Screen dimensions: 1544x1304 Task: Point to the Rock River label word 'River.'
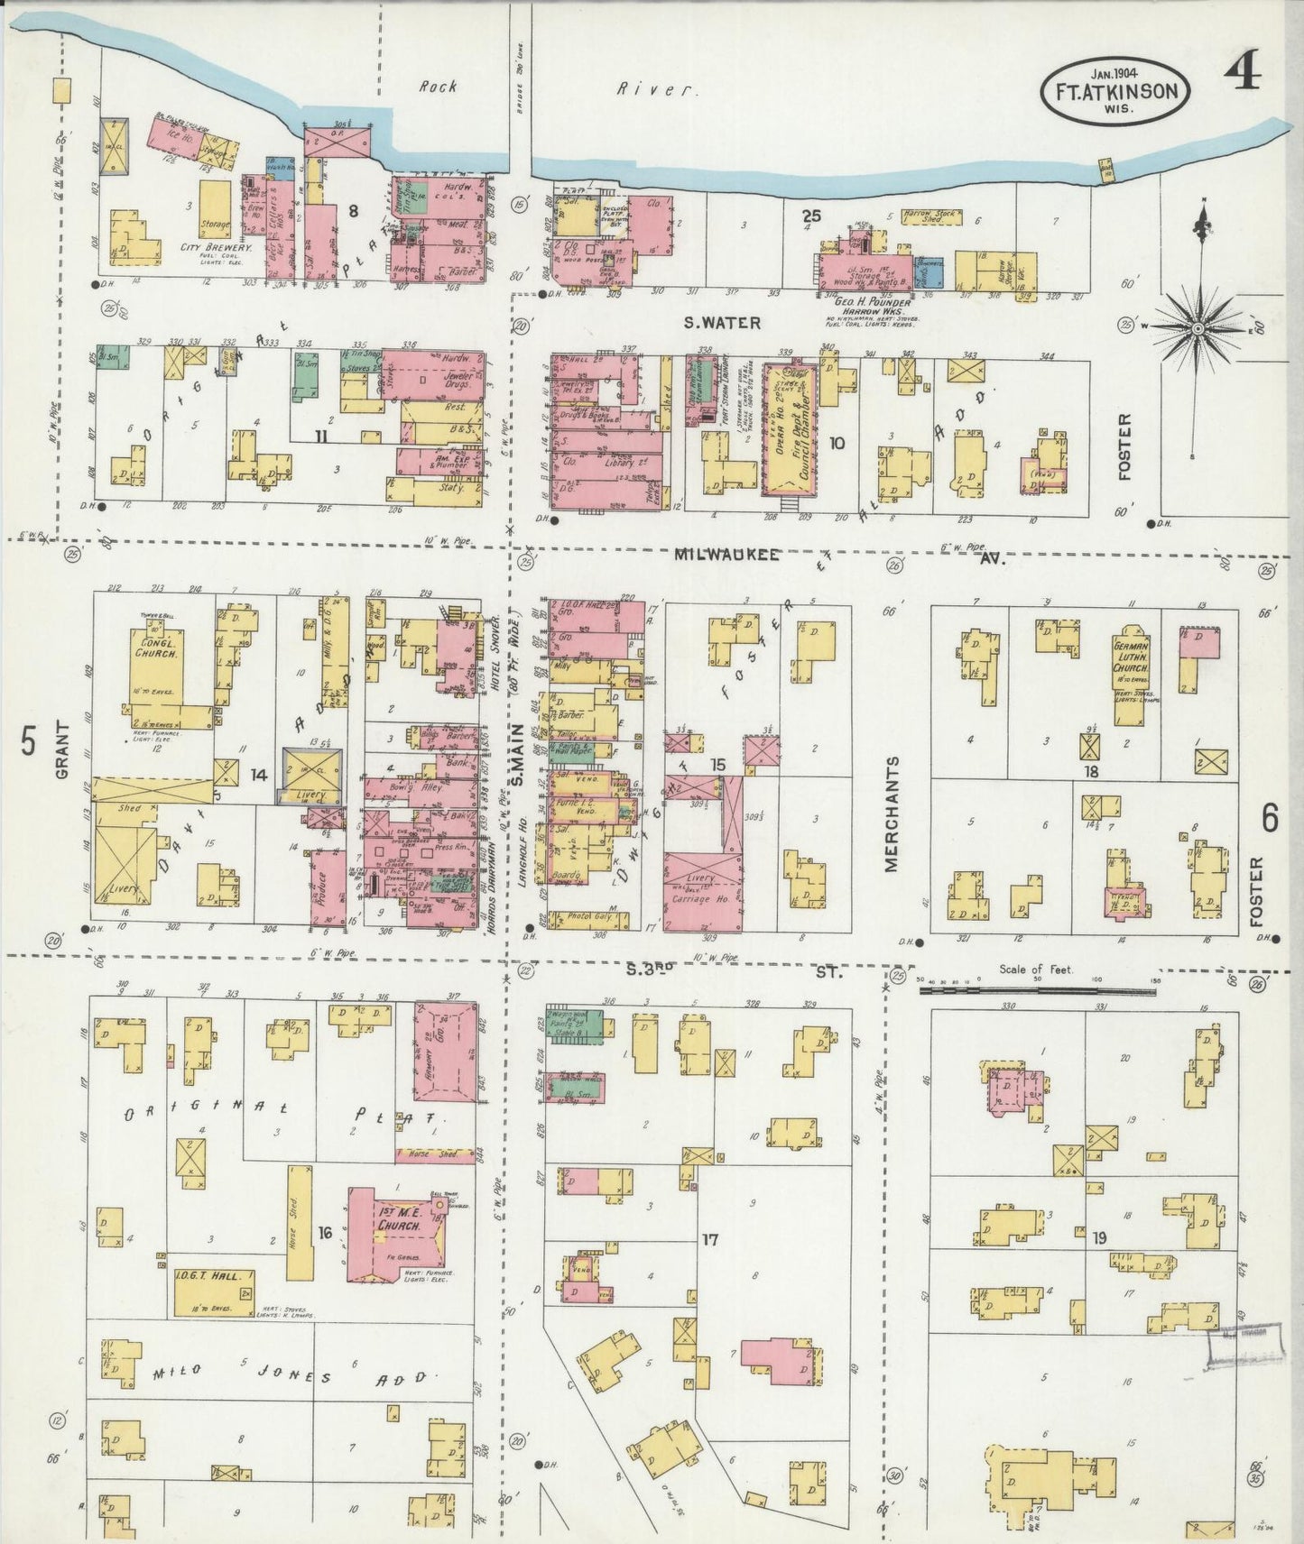[658, 88]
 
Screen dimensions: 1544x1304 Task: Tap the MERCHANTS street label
[892, 813]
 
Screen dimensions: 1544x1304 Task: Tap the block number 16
[327, 1232]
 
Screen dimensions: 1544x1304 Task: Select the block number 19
[1099, 1236]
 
